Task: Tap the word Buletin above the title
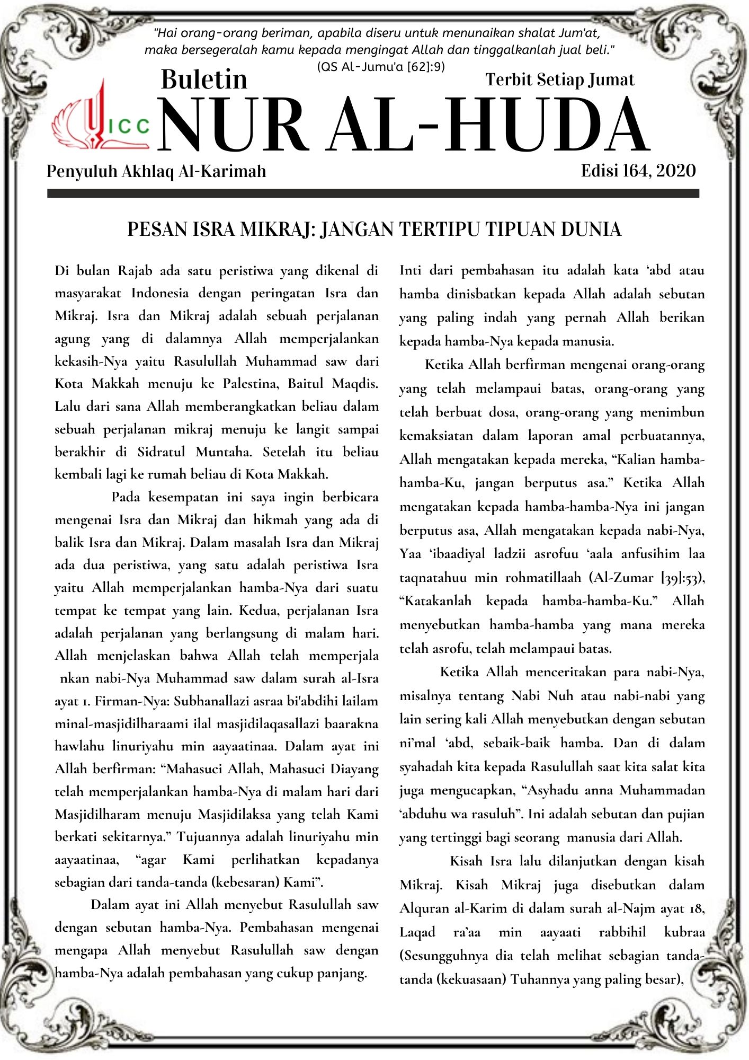pyautogui.click(x=204, y=79)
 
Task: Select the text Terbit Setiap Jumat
pyautogui.click(x=559, y=79)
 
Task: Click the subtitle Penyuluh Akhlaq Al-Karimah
pyautogui.click(x=156, y=171)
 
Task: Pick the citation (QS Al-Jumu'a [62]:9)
pyautogui.click(x=380, y=67)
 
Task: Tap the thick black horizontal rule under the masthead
pyautogui.click(x=373, y=194)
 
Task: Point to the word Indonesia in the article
pyautogui.click(x=159, y=293)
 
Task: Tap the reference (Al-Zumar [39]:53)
pyautogui.click(x=647, y=577)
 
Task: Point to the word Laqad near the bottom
pyautogui.click(x=417, y=932)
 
